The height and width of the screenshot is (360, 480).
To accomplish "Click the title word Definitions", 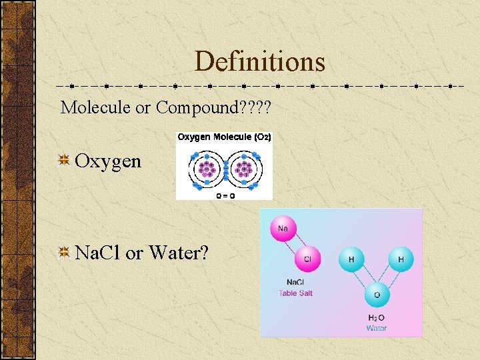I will pos(260,61).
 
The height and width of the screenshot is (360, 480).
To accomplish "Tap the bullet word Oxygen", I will pos(108,161).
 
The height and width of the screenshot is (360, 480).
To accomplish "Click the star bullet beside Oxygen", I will pos(65,160).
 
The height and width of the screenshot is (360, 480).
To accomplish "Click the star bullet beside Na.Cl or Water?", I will pos(65,252).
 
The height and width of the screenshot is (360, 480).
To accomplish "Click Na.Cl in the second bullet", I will pos(98,253).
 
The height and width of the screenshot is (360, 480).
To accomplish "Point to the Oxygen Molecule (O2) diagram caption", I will pos(223,137).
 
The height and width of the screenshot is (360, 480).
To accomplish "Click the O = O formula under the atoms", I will pos(225,196).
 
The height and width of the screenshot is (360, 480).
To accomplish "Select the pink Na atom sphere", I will pos(283,228).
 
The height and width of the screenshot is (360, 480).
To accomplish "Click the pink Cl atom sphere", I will pos(307,259).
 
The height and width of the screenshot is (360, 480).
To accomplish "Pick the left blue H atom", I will pos(351,259).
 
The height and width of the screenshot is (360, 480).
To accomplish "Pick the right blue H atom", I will pos(401,259).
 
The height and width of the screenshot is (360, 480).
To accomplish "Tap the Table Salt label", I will pos(295,293).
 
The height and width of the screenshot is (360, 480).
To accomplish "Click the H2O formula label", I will pos(376,317).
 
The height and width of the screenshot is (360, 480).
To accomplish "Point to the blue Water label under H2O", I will pos(376,327).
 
